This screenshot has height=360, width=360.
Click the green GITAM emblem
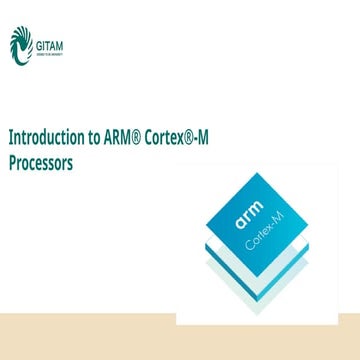pyautogui.click(x=19, y=44)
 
